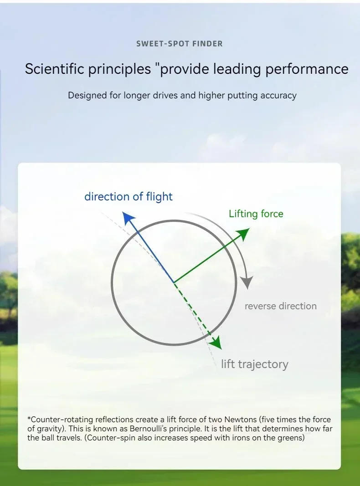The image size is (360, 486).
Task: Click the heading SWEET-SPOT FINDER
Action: click(180, 44)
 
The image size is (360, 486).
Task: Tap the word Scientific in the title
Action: click(54, 68)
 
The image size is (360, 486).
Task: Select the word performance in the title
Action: click(307, 69)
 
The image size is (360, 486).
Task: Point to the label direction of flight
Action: click(129, 197)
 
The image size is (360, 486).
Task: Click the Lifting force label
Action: click(256, 214)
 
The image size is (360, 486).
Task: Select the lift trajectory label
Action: click(255, 364)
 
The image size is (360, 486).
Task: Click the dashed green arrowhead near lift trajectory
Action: click(215, 343)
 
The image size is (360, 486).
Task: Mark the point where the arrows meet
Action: click(174, 282)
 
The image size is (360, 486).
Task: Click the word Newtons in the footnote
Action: click(240, 419)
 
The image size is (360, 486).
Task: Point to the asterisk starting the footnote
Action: click(29, 419)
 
